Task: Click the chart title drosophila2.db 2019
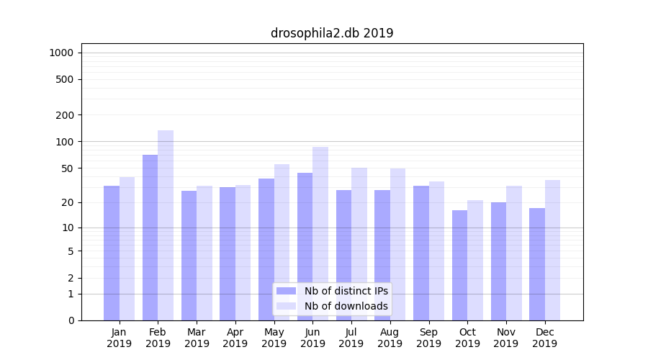(x=332, y=33)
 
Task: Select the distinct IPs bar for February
(x=150, y=238)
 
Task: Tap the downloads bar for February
(x=166, y=225)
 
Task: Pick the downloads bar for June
(x=320, y=233)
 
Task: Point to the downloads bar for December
(x=552, y=250)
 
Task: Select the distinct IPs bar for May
(x=266, y=249)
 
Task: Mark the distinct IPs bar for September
(x=421, y=253)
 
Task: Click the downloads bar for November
(x=514, y=253)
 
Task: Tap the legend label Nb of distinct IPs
(x=346, y=291)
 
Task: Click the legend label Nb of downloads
(x=346, y=306)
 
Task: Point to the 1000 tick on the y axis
(x=61, y=53)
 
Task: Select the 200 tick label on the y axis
(x=66, y=115)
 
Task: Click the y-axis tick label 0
(x=71, y=320)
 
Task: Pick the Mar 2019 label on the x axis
(x=197, y=338)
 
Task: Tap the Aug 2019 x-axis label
(x=390, y=338)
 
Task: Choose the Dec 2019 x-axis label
(x=544, y=338)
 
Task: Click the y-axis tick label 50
(x=68, y=168)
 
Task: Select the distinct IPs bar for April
(x=228, y=253)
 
